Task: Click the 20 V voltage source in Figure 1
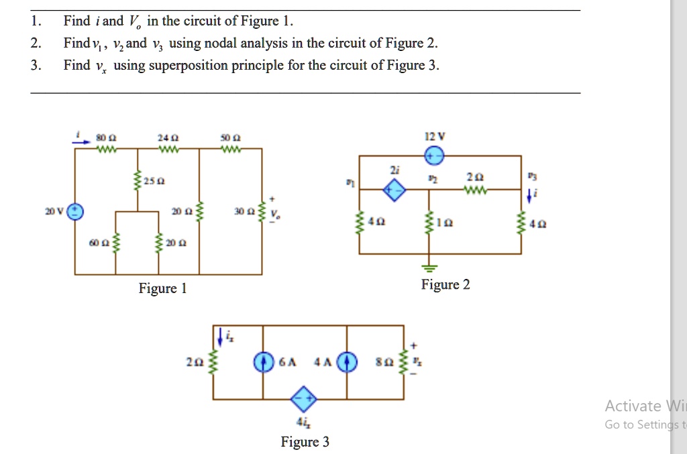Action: (75, 211)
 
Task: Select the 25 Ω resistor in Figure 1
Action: (138, 182)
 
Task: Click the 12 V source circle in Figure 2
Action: (434, 156)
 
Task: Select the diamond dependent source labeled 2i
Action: (394, 191)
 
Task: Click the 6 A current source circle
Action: (263, 361)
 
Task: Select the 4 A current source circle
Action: (346, 361)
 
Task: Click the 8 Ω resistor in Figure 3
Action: (403, 361)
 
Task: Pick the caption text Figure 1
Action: (162, 289)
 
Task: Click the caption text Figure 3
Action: (305, 442)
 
